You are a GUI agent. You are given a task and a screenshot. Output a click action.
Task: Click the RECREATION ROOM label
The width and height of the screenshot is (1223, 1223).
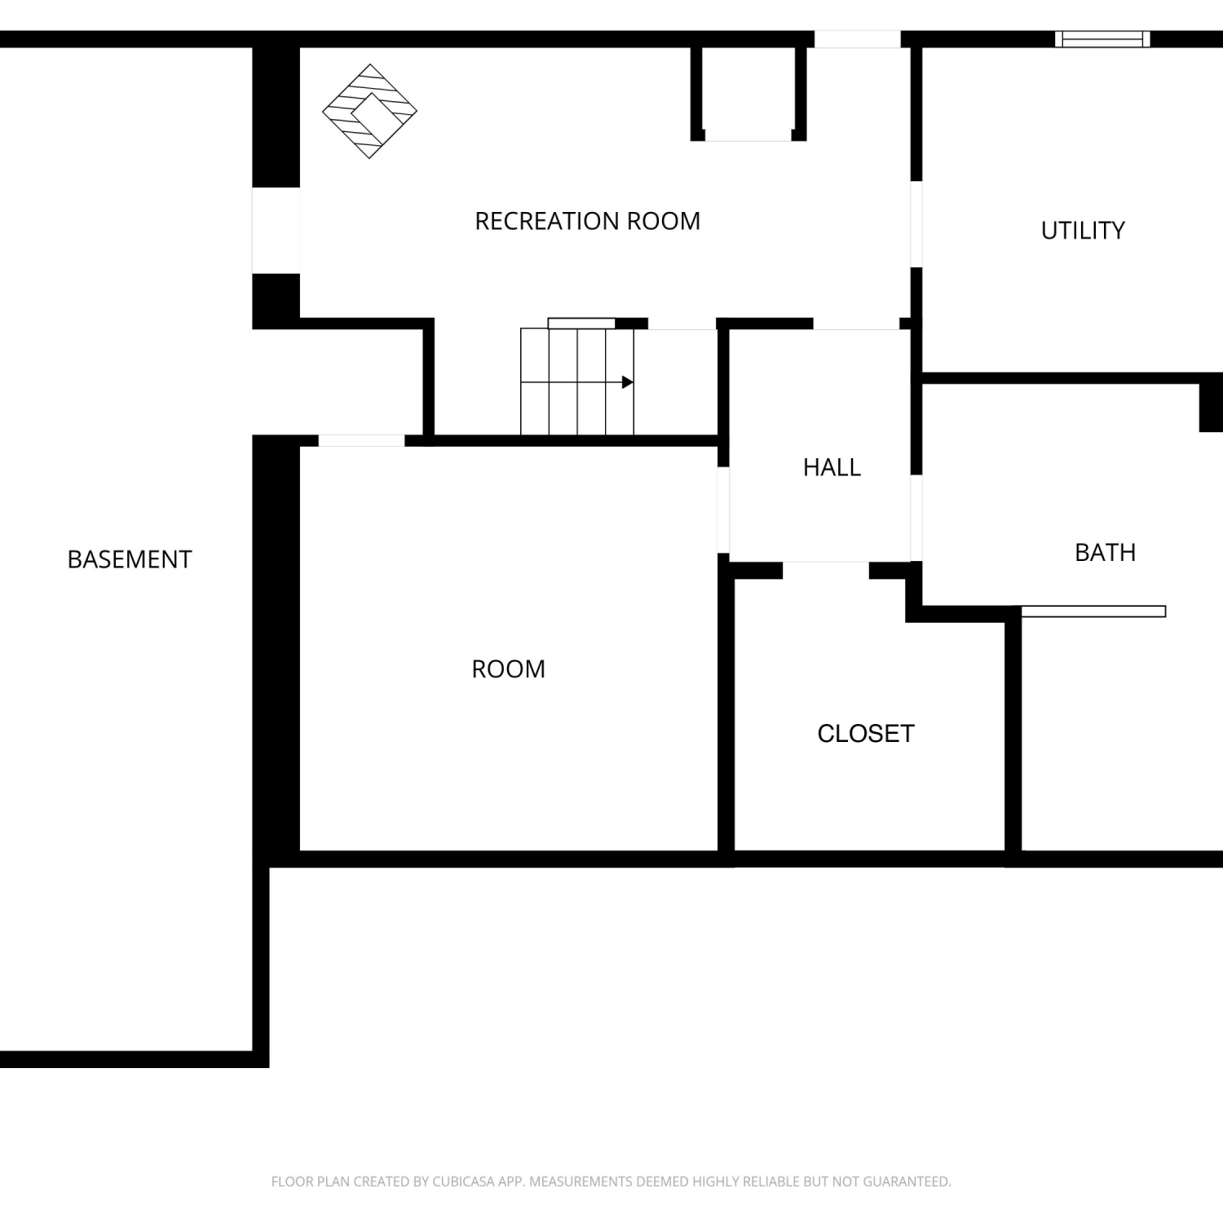(587, 221)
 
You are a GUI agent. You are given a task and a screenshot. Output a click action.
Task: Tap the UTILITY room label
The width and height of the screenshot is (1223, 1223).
(1083, 231)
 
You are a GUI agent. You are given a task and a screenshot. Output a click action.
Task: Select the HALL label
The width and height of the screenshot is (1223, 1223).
(832, 467)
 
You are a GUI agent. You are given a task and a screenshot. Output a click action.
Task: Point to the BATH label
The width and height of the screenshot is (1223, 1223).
(1105, 553)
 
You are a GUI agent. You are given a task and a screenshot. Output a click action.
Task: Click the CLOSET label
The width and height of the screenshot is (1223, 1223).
(866, 734)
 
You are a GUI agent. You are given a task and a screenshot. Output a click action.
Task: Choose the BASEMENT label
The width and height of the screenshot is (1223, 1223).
(130, 559)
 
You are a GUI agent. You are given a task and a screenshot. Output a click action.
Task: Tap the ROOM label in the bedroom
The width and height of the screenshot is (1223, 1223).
(508, 669)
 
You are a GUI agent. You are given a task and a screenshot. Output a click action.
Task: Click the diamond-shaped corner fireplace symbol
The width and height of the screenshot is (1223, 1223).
(369, 111)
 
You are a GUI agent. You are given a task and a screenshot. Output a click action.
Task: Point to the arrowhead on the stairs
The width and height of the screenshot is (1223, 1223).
(627, 382)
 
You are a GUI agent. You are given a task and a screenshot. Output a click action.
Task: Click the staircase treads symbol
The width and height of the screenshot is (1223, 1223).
(577, 382)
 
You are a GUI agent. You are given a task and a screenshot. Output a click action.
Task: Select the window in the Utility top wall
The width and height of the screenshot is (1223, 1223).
(1102, 39)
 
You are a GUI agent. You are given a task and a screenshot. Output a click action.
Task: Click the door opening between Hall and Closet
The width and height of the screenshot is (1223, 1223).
(826, 570)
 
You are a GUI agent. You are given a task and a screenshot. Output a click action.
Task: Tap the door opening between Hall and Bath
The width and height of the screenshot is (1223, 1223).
(916, 518)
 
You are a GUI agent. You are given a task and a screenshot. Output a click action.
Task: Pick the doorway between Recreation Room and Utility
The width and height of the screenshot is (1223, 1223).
(916, 224)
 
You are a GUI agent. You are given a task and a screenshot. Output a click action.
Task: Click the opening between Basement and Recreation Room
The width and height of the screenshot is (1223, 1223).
(276, 231)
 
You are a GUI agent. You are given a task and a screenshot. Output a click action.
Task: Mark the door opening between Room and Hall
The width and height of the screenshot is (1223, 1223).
(723, 510)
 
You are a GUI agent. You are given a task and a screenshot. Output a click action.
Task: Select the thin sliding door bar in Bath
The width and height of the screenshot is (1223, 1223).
(1093, 611)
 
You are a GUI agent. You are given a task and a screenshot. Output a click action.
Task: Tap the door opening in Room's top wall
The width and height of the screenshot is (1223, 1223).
(361, 441)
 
